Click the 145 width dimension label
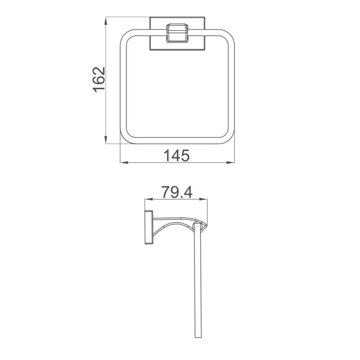tap(176, 155)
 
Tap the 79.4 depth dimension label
tap(177, 192)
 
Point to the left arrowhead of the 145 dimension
tap(124, 163)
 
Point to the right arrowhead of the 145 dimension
tap(230, 163)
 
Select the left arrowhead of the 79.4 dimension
tap(149, 199)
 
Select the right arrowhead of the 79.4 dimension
tap(203, 199)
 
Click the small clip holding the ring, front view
tap(177, 33)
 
